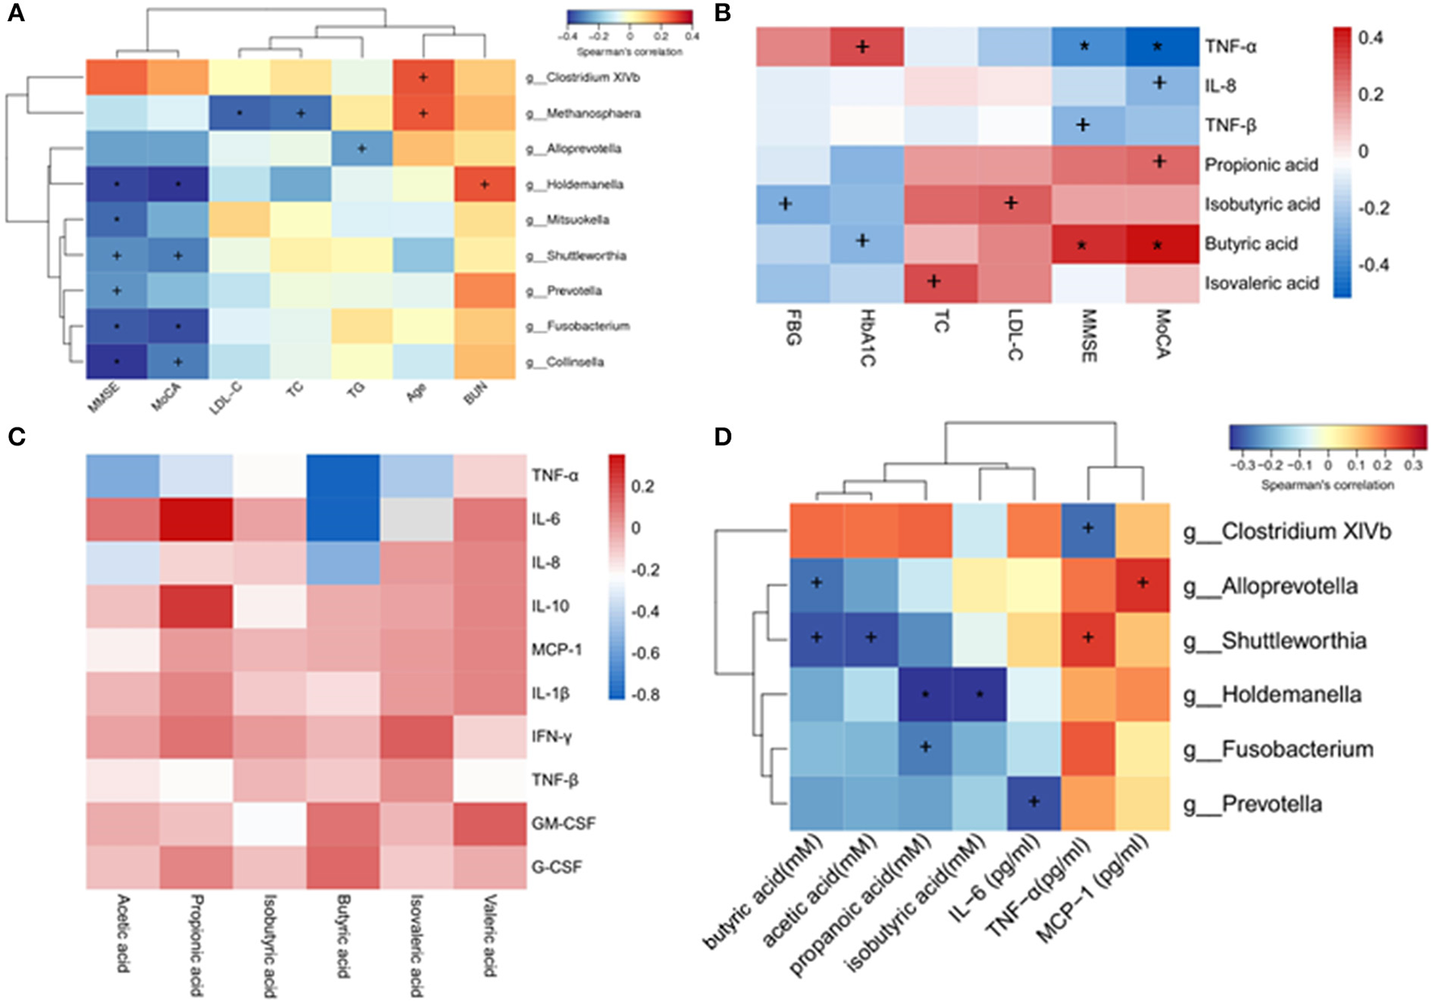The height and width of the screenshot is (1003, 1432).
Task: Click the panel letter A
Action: [15, 14]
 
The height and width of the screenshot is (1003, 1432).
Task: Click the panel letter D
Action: [723, 437]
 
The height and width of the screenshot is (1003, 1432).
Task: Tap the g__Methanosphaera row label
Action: [583, 113]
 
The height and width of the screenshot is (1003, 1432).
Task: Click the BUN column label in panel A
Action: [475, 394]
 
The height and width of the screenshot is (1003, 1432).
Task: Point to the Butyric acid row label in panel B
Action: [1251, 243]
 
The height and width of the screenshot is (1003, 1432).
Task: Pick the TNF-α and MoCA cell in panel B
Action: [1159, 46]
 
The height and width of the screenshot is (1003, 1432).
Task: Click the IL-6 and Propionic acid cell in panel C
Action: [196, 519]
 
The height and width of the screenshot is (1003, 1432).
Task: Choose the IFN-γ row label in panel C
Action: [552, 736]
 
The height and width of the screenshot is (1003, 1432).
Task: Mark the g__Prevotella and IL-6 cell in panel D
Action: [1034, 803]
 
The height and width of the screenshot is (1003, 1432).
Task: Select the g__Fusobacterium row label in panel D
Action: [1297, 749]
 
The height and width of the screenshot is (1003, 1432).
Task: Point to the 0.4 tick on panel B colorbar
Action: [1371, 37]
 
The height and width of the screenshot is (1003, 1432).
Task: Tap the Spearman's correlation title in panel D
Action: [1327, 485]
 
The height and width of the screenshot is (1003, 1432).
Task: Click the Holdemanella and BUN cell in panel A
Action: [484, 184]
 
